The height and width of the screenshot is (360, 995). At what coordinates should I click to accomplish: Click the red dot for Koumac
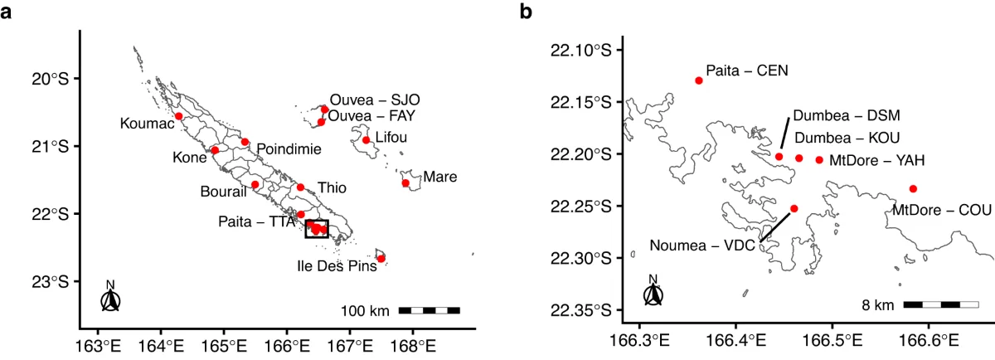[x=178, y=116]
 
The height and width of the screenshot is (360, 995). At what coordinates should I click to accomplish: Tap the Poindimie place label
[x=289, y=148]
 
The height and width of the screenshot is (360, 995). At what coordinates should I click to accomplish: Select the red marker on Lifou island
[x=366, y=140]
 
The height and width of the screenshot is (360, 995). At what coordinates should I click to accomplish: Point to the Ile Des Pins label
[x=337, y=266]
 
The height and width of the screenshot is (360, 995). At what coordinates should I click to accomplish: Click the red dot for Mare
[x=405, y=183]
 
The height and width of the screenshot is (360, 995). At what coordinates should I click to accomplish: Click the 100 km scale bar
[x=430, y=310]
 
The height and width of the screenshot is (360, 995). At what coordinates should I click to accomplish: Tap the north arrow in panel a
[x=110, y=296]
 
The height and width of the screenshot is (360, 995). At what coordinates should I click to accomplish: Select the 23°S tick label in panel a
[x=51, y=281]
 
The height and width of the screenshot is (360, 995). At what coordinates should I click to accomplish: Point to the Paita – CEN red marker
[x=699, y=80]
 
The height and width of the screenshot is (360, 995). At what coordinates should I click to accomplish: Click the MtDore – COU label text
[x=942, y=210]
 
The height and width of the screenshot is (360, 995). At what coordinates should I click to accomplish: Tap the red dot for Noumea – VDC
[x=794, y=208]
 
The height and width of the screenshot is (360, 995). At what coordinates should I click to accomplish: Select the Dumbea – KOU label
[x=847, y=138]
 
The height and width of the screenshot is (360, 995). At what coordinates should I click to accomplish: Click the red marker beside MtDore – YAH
[x=819, y=160]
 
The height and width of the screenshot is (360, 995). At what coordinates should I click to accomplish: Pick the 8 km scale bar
[x=941, y=304]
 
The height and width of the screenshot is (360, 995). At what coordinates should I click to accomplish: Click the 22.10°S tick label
[x=581, y=51]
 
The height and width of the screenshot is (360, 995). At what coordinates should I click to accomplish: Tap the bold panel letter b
[x=526, y=12]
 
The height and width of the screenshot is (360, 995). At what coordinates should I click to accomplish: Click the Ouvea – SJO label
[x=375, y=100]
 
